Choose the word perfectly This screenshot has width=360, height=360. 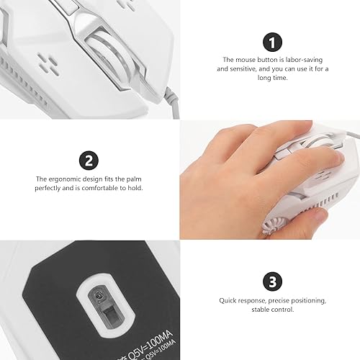coord(51,188)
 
